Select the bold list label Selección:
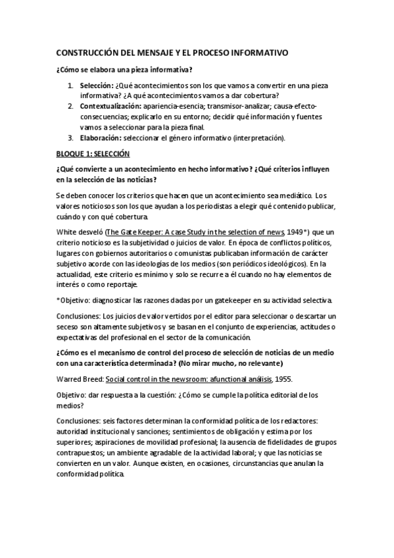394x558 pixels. pos(96,86)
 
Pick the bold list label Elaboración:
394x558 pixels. pos(101,138)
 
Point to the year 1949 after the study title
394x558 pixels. pos(296,232)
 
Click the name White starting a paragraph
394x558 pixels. pos(66,232)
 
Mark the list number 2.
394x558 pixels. pos(70,107)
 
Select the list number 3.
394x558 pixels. pos(70,138)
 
